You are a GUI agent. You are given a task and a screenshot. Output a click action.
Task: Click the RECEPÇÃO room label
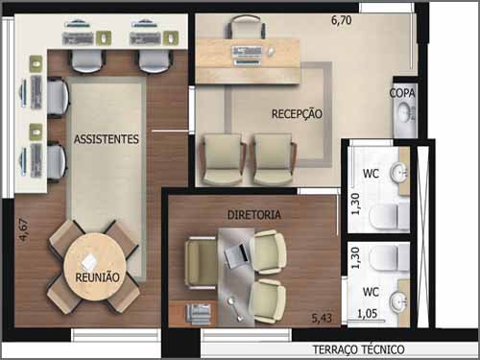[x=297, y=114]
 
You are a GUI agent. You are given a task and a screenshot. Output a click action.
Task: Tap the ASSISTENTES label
[x=107, y=139]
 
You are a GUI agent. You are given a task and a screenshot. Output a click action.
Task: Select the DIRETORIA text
[x=254, y=215]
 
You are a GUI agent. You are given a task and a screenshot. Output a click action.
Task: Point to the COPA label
[x=402, y=93]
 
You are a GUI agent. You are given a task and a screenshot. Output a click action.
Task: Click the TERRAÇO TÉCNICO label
[x=358, y=349]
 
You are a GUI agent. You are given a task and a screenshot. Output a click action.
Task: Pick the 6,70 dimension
[x=342, y=20]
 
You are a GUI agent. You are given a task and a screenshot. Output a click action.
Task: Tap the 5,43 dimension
[x=322, y=318]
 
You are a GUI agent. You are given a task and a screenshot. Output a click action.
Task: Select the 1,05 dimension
[x=367, y=314]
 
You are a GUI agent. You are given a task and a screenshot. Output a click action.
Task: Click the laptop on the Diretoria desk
[x=236, y=254]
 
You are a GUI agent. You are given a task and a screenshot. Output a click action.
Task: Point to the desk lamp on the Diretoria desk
[x=236, y=309]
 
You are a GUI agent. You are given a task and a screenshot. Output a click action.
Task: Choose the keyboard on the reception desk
[x=248, y=51]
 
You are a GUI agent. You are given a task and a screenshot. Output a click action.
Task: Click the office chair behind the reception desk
[x=247, y=27]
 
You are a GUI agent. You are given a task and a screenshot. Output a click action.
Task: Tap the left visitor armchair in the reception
[x=223, y=159]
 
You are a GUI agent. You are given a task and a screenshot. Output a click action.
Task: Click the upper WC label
[x=371, y=174]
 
